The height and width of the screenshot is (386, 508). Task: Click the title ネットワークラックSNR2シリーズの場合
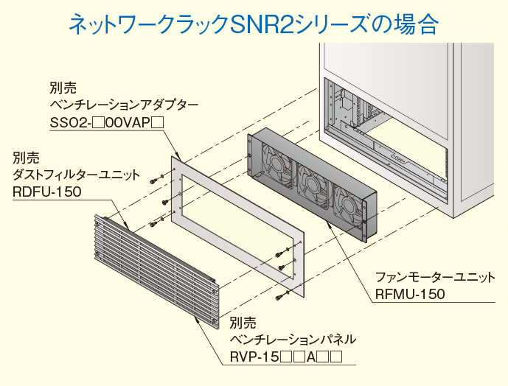tap(253, 24)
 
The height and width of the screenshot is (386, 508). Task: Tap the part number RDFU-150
tap(46, 192)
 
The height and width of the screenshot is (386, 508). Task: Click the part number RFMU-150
tap(410, 295)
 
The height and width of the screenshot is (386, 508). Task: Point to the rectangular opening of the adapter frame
tap(236, 221)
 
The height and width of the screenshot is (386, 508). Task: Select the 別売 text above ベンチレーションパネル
tap(243, 322)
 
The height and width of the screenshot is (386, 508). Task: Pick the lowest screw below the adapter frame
tap(281, 295)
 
